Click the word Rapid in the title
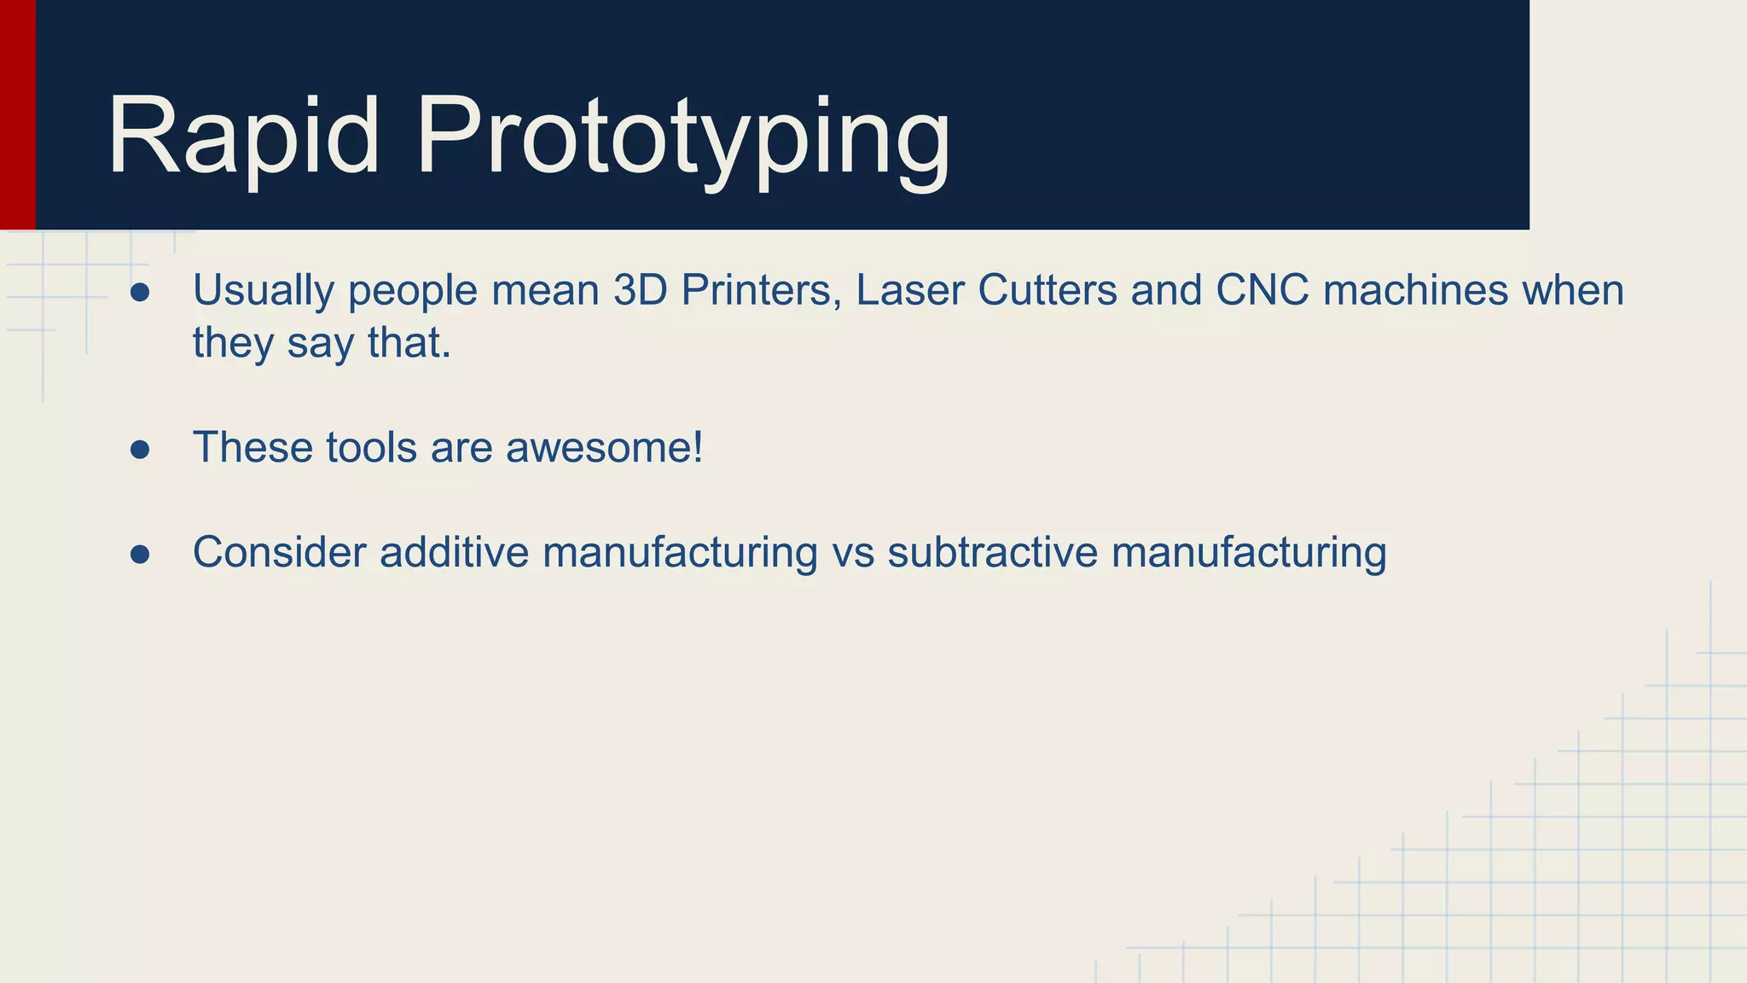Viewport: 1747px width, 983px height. [x=243, y=137]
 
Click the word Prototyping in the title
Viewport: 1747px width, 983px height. [x=682, y=137]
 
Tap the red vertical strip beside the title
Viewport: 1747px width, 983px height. [x=17, y=115]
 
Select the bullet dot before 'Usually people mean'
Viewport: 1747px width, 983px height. [x=140, y=293]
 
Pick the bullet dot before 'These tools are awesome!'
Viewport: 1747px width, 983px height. [x=140, y=450]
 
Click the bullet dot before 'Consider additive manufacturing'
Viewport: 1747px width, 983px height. [x=140, y=555]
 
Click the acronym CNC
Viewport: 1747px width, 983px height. [x=1262, y=290]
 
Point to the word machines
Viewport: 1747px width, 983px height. [x=1416, y=290]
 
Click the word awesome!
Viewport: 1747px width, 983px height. [x=604, y=448]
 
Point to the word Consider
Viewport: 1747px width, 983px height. [x=280, y=552]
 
